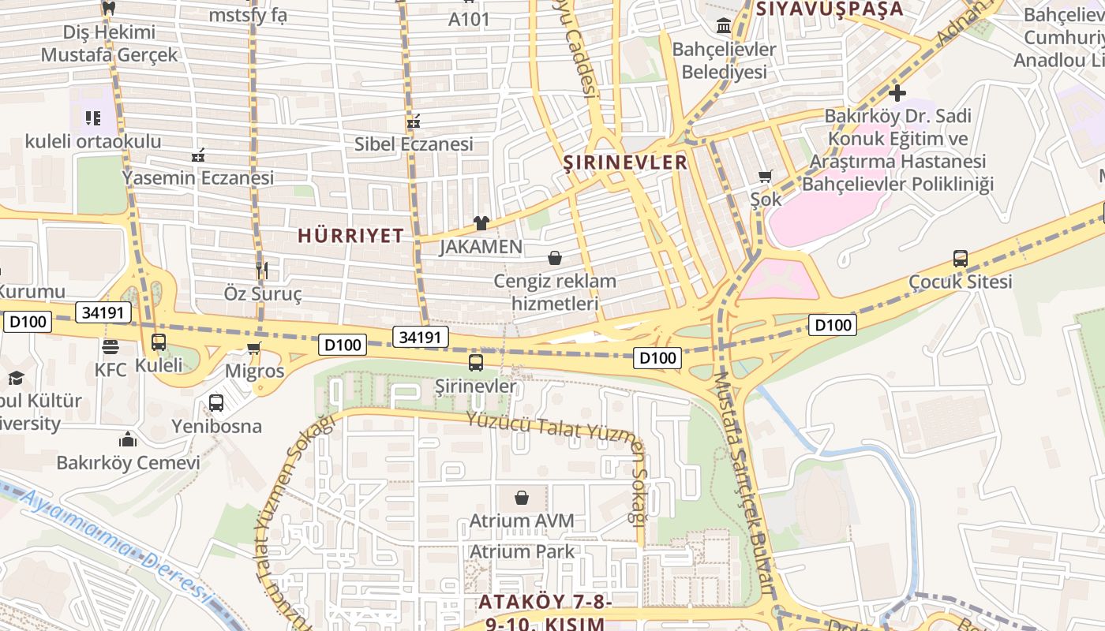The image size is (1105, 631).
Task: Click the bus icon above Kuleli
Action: [159, 342]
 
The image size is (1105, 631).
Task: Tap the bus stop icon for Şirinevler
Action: [475, 363]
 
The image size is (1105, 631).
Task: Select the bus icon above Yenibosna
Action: [216, 403]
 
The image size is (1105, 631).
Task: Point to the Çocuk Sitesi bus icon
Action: [960, 259]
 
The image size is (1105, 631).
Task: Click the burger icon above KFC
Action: [110, 346]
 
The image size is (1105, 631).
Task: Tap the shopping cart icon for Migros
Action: [254, 348]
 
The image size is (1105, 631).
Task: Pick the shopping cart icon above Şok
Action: [765, 176]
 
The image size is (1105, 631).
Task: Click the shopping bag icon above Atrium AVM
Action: [521, 498]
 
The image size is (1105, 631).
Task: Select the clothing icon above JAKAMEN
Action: [481, 223]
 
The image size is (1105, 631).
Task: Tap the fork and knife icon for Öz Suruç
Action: [263, 271]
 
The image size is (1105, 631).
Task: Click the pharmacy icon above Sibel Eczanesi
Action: [413, 121]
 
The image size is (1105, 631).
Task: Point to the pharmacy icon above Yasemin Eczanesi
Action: [198, 155]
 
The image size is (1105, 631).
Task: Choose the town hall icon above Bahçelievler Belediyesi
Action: [724, 26]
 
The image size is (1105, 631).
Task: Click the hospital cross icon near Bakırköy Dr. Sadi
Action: [897, 92]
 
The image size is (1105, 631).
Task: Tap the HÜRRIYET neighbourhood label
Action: [350, 235]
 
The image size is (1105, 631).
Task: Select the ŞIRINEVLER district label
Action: [625, 162]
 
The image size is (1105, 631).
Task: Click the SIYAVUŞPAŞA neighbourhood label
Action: [829, 9]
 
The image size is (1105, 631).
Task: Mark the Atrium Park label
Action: [522, 551]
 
